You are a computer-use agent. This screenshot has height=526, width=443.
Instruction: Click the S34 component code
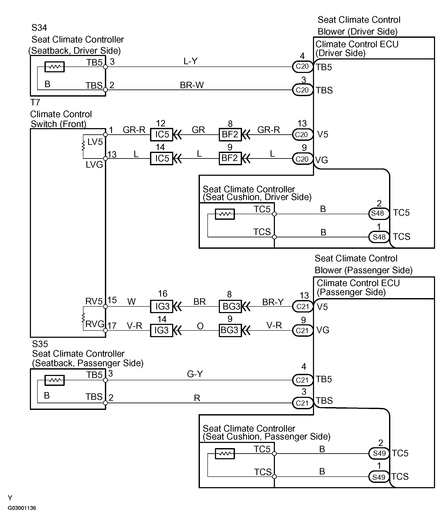click(x=39, y=28)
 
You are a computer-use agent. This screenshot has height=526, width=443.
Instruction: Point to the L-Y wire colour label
click(x=190, y=61)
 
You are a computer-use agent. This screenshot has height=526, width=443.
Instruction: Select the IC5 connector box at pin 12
click(x=162, y=134)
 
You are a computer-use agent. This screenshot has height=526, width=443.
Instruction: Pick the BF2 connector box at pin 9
click(x=230, y=158)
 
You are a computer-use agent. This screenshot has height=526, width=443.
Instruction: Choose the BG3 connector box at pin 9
click(x=230, y=330)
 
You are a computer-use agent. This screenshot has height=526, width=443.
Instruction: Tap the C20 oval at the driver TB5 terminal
click(x=302, y=67)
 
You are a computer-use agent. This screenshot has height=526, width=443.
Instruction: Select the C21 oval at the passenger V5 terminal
click(x=303, y=306)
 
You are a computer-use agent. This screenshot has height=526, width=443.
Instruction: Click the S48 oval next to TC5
click(x=378, y=213)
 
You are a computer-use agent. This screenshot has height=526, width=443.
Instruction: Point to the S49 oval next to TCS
click(x=379, y=477)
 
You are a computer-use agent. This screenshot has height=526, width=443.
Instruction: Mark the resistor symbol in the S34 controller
click(x=55, y=67)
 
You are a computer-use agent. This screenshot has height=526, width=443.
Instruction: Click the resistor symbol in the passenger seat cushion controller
click(x=225, y=453)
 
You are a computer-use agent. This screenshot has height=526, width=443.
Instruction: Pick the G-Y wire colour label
click(x=195, y=374)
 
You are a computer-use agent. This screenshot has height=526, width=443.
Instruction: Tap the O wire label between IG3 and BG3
click(x=200, y=326)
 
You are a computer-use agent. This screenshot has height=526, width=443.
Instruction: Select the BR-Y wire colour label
click(x=273, y=302)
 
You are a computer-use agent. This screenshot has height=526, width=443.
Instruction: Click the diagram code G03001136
click(x=22, y=508)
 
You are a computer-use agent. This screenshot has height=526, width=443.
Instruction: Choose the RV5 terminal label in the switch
click(x=94, y=301)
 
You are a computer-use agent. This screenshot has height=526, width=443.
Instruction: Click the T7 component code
click(x=35, y=102)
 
